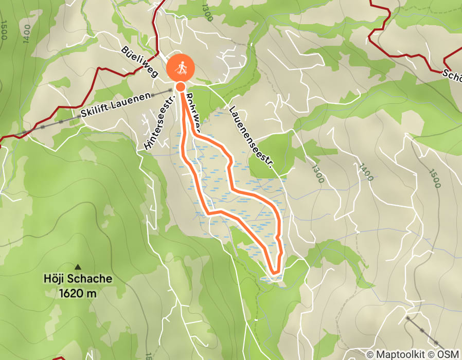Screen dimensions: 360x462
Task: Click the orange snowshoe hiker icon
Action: point(181,67)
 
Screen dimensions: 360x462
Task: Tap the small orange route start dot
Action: point(181,87)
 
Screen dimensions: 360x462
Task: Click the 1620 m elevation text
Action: point(77,294)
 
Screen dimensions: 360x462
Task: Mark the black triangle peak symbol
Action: point(78,266)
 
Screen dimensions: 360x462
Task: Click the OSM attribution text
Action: point(449,354)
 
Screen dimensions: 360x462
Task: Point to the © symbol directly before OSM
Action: point(433,354)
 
